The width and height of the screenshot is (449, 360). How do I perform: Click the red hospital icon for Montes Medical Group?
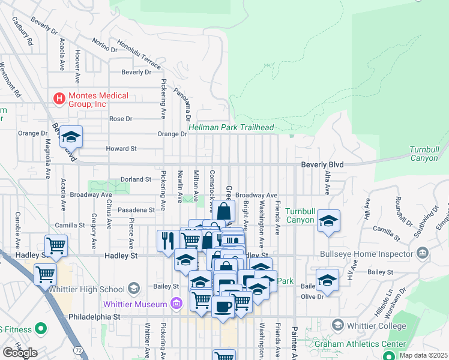point(59,98)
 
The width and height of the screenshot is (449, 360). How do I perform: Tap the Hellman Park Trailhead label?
point(231,128)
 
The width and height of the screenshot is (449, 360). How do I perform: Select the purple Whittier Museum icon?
point(176,304)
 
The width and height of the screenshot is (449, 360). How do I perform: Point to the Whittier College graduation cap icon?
point(337,325)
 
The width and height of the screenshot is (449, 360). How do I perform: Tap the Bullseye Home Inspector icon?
point(423,253)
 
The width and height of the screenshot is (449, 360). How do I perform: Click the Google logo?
point(19,352)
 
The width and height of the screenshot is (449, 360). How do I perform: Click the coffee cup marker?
point(223,307)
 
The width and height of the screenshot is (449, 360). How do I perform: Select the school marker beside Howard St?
point(71,137)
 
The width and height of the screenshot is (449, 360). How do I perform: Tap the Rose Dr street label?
point(120,119)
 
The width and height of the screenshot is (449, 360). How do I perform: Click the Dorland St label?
point(134,179)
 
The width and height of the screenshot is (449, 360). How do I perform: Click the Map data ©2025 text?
point(422,355)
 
